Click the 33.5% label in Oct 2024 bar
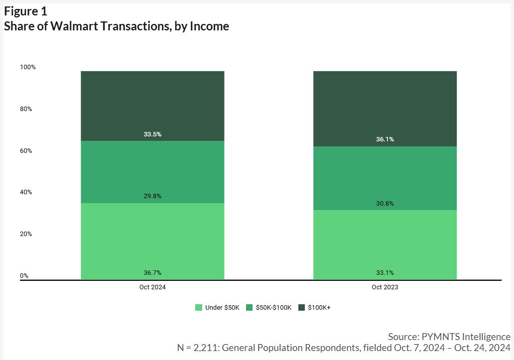pyautogui.click(x=152, y=134)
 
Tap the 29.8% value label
pyautogui.click(x=152, y=196)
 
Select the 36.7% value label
pyautogui.click(x=152, y=273)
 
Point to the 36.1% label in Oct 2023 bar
pyautogui.click(x=385, y=139)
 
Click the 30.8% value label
pyautogui.click(x=385, y=204)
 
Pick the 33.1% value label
pyautogui.click(x=385, y=273)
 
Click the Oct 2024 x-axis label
pyautogui.click(x=152, y=288)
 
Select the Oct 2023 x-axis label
pyautogui.click(x=385, y=288)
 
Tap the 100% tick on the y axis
pyautogui.click(x=28, y=67)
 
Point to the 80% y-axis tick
pyautogui.click(x=26, y=109)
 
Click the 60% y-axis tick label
pyautogui.click(x=26, y=151)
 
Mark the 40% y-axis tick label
pyautogui.click(x=26, y=192)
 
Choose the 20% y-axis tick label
pyautogui.click(x=26, y=234)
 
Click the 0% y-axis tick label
pyautogui.click(x=24, y=276)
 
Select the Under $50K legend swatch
pyautogui.click(x=199, y=308)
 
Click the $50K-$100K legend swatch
pyautogui.click(x=249, y=308)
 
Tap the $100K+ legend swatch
pyautogui.click(x=301, y=308)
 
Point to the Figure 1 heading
pyautogui.click(x=26, y=11)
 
